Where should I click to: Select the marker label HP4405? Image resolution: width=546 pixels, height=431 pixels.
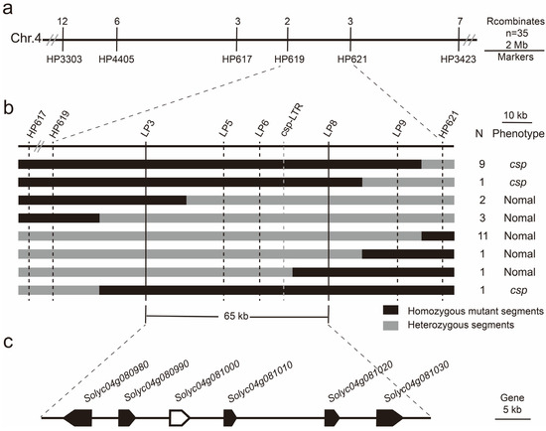[x=117, y=59]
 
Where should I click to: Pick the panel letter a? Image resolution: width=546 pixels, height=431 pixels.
[x=8, y=8]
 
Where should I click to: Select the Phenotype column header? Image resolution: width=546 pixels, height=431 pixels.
[x=516, y=134]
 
